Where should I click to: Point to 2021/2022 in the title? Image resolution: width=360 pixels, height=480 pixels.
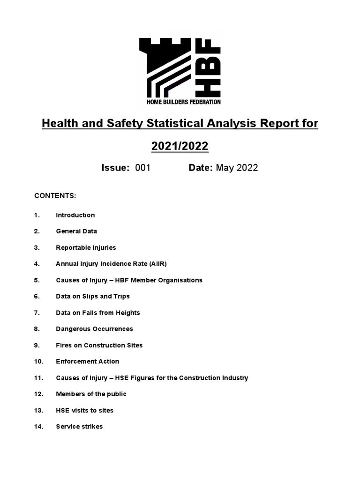tap(180, 146)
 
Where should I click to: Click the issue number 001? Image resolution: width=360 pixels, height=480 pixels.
tap(142, 168)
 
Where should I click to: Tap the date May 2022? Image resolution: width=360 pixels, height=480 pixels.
tap(237, 168)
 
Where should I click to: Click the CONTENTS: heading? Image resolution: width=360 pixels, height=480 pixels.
tap(55, 195)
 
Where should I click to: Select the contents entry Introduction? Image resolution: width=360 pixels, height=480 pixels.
tap(75, 215)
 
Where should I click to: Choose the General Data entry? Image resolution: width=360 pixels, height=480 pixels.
tap(76, 231)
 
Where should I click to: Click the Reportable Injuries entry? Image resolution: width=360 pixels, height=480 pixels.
tap(86, 247)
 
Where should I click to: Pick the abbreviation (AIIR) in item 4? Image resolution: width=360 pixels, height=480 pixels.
tap(157, 264)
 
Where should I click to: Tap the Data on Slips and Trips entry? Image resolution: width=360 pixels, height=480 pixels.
tap(93, 296)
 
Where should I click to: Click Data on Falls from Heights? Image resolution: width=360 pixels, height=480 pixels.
tap(98, 313)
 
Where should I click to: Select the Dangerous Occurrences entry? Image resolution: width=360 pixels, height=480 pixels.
tap(94, 329)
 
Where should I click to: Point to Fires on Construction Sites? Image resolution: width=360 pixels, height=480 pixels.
tap(99, 345)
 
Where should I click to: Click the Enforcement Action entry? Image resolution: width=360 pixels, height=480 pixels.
tap(87, 361)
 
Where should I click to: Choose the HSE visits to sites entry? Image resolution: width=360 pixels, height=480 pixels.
tap(84, 411)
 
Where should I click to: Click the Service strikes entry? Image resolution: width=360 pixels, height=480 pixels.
tap(79, 427)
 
